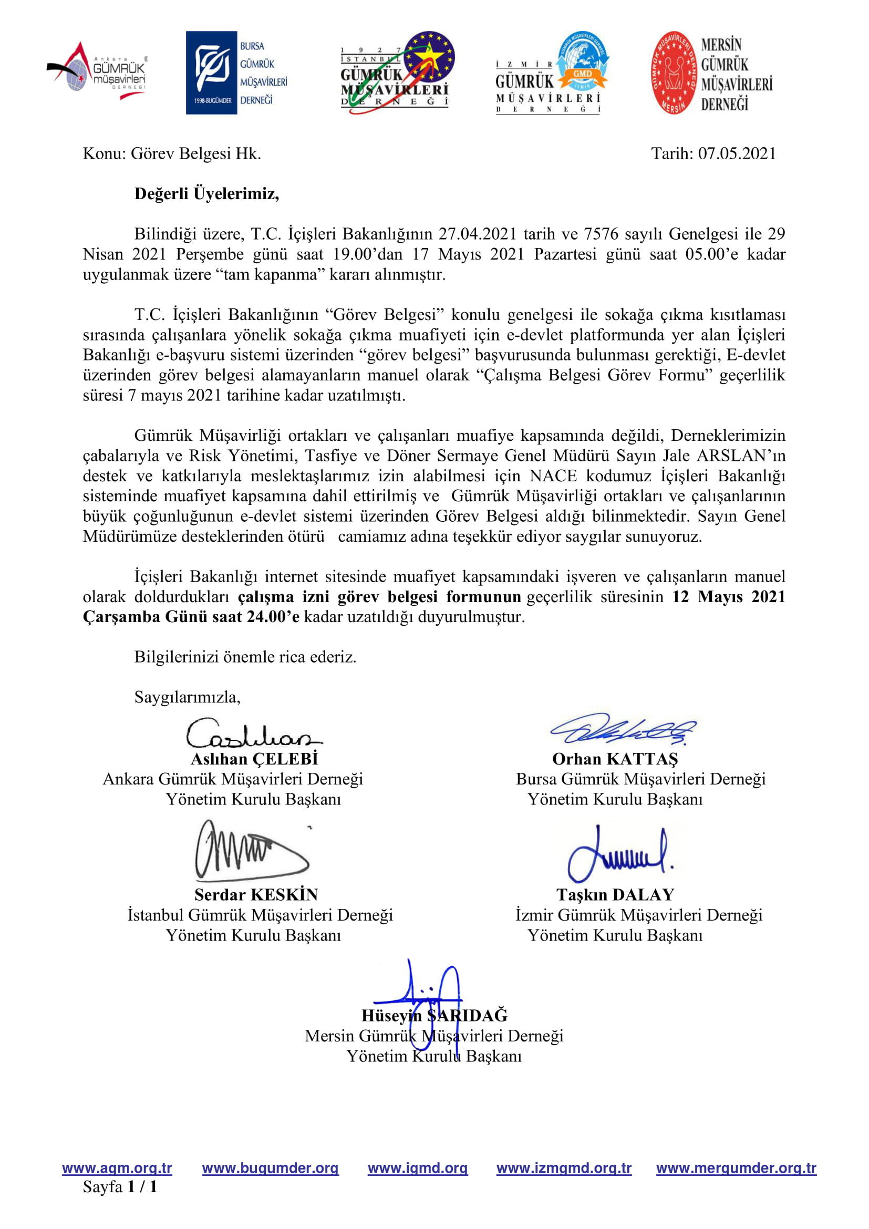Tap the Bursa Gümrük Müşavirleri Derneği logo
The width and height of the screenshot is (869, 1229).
click(236, 73)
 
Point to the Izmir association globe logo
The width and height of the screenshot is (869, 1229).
click(552, 73)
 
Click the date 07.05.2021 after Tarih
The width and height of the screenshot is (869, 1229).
click(737, 153)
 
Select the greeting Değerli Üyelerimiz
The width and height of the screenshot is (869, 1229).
click(206, 194)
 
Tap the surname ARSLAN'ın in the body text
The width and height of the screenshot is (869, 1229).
click(741, 456)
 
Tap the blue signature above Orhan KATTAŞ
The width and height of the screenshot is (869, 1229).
click(623, 729)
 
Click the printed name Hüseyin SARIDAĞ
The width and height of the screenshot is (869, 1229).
click(434, 1016)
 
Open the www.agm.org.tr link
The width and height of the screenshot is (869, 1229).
click(117, 1168)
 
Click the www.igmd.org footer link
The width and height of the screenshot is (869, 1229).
click(417, 1168)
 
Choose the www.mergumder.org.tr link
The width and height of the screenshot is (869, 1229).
click(736, 1168)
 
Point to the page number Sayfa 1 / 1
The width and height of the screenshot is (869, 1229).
click(120, 1187)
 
